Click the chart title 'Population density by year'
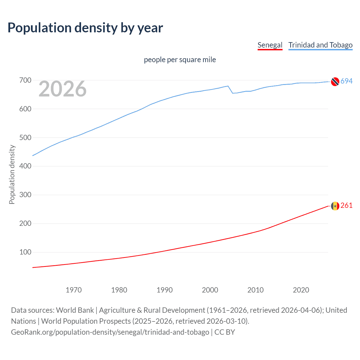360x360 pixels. tap(85, 28)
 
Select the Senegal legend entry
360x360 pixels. tap(270, 45)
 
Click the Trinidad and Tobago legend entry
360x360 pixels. tap(320, 45)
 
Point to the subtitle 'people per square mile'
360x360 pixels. tap(180, 60)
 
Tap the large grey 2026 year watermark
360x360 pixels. tap(62, 89)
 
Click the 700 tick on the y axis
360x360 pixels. tap(25, 80)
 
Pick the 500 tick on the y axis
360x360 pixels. tap(25, 138)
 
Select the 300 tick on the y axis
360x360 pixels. tap(25, 195)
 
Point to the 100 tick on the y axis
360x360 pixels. tap(25, 252)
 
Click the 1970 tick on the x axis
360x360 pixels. tap(74, 290)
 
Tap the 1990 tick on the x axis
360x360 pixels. tap(165, 290)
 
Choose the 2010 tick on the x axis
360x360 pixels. tap(255, 290)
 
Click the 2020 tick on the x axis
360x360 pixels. tap(301, 290)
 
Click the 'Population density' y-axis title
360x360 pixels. tap(12, 174)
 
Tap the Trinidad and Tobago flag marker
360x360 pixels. tap(335, 81)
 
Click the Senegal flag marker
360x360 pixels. tap(335, 206)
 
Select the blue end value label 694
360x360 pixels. tap(346, 81)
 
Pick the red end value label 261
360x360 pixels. tap(346, 206)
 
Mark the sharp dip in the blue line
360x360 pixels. tap(233, 93)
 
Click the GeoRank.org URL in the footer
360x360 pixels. tap(110, 332)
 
